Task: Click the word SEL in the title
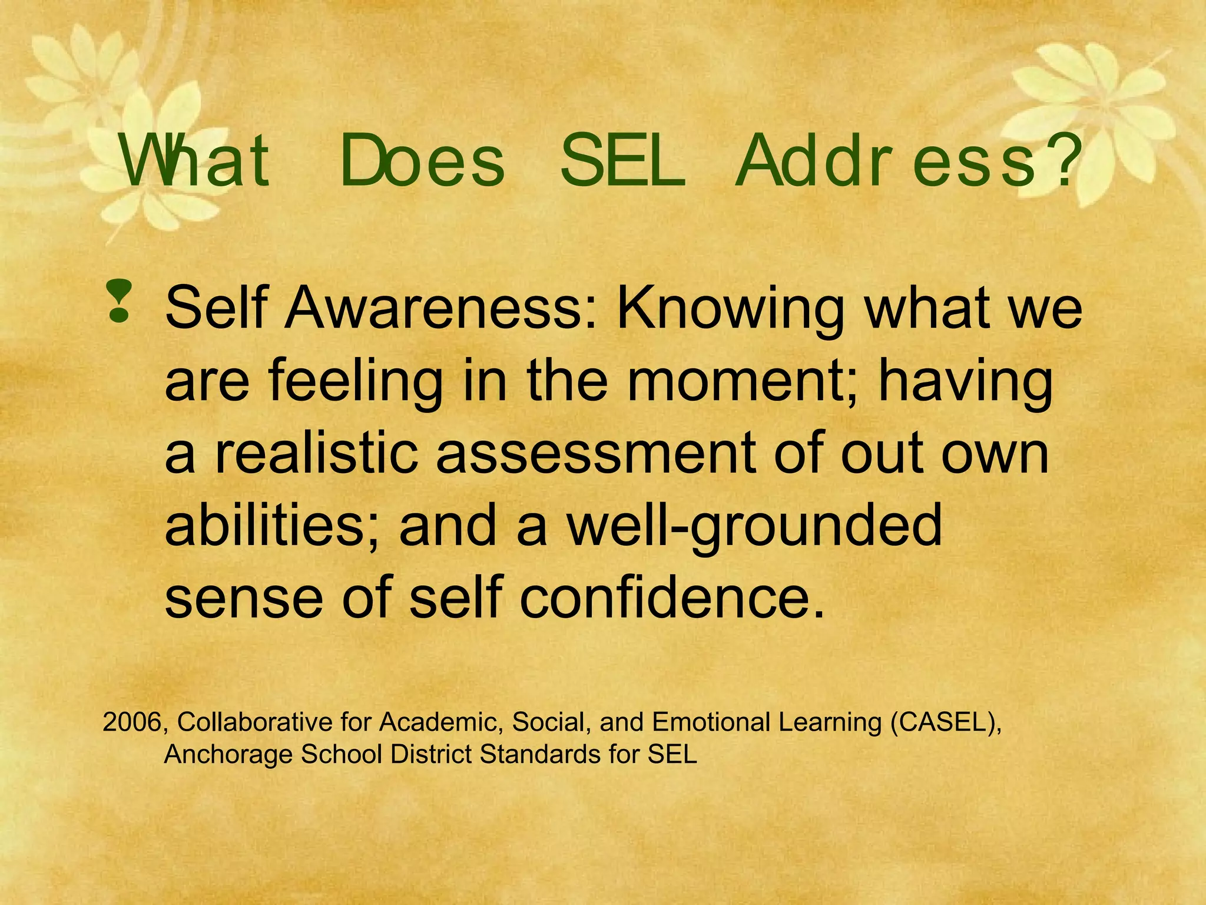click(x=622, y=161)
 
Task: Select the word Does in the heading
click(x=422, y=161)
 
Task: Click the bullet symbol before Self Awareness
click(x=118, y=301)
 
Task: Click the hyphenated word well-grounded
click(x=754, y=526)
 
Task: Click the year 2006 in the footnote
click(x=131, y=722)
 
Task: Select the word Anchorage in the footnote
click(x=228, y=755)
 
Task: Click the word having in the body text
click(x=965, y=382)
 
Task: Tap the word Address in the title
click(x=886, y=161)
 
